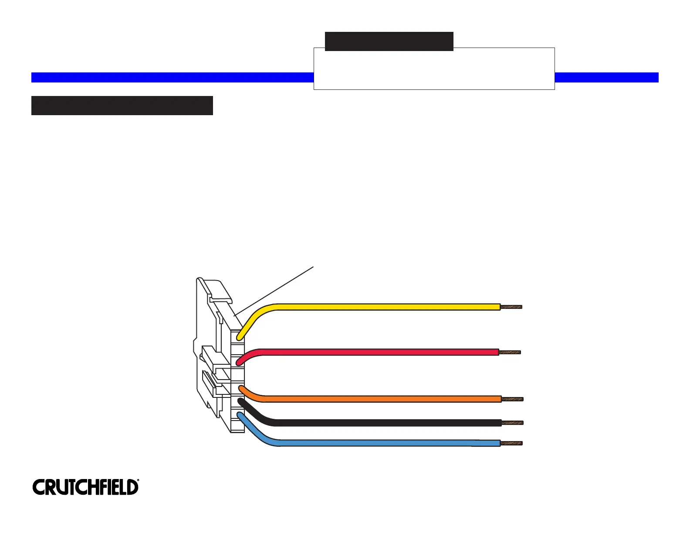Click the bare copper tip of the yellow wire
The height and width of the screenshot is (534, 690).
511,307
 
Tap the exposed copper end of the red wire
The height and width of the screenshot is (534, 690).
510,352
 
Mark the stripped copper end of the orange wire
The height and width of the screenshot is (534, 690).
512,399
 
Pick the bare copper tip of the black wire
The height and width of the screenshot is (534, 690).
512,423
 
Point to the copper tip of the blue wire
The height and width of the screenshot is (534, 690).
511,443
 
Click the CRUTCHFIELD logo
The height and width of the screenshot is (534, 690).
85,487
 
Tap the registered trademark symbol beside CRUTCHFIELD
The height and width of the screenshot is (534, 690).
138,481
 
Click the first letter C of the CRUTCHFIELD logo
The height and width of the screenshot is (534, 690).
39,487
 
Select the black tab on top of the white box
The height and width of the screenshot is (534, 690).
389,41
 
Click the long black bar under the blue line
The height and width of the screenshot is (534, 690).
122,106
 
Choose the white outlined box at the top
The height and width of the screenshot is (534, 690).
434,70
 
